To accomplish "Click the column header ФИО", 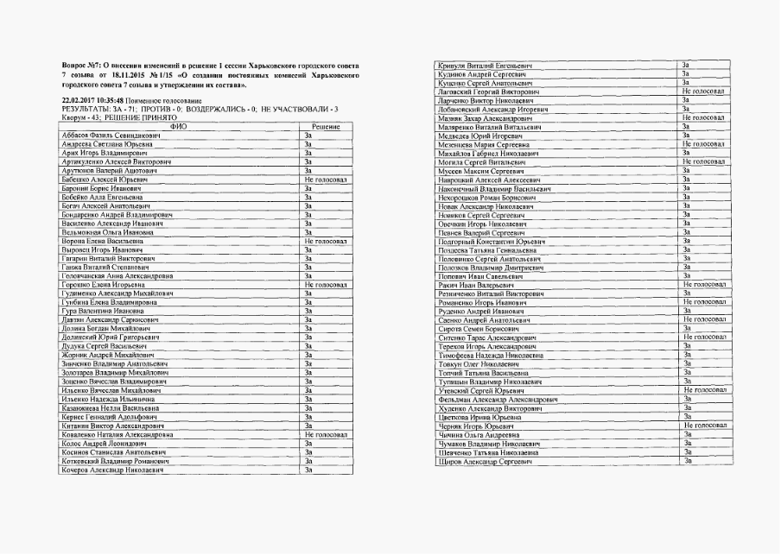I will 179,127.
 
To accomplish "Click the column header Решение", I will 325,127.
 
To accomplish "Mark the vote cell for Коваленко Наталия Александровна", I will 325,434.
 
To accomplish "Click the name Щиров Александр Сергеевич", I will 482,462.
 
